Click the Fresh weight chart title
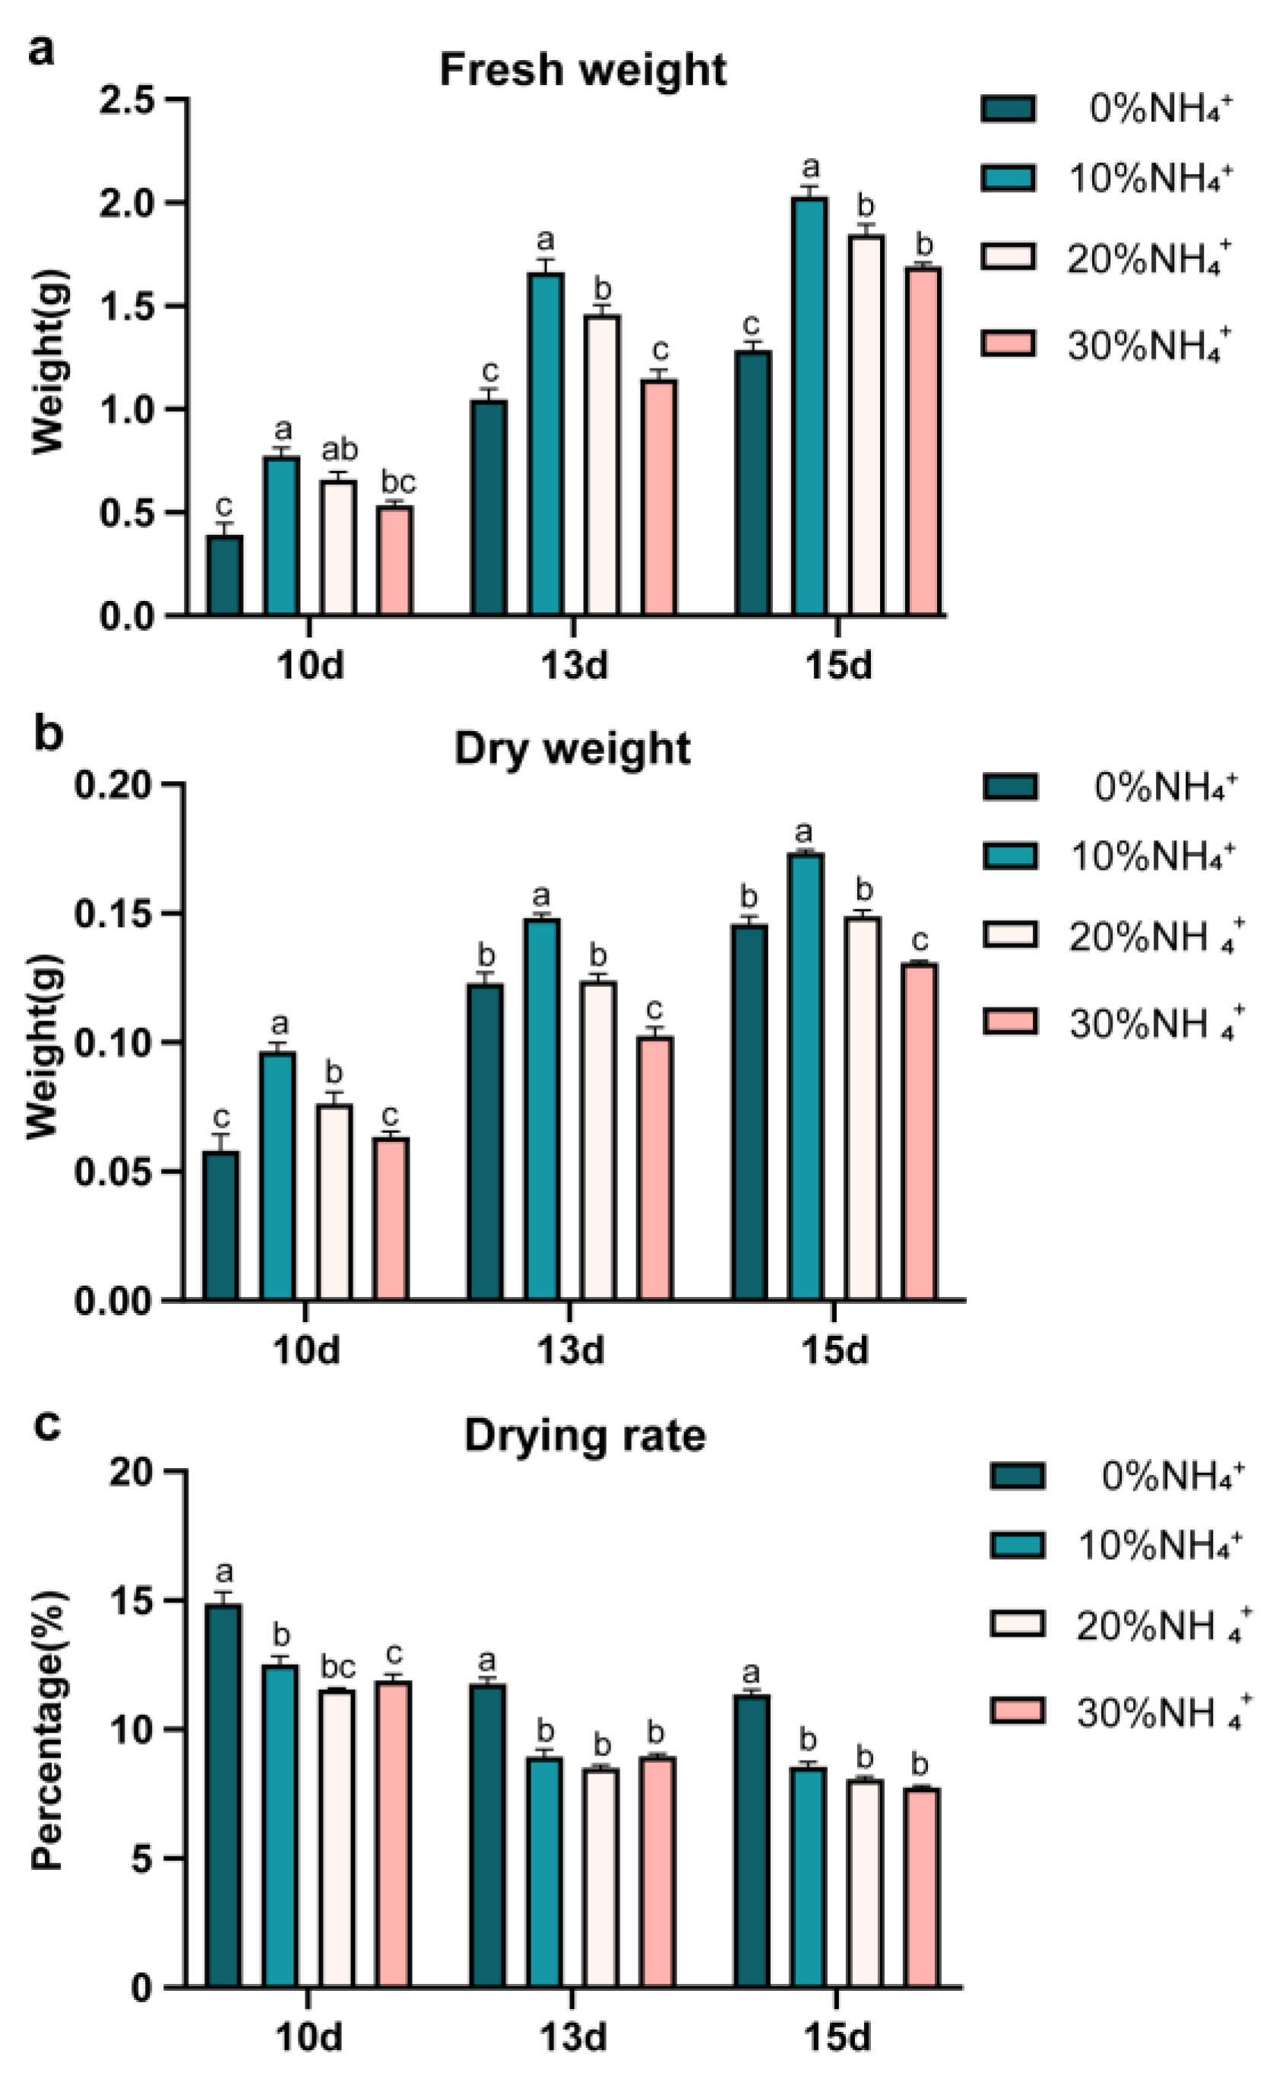(582, 69)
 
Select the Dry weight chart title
(572, 749)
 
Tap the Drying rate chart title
(585, 1436)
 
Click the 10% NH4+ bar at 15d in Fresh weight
(810, 407)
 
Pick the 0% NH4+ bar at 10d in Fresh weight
(225, 575)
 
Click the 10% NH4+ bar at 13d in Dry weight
(542, 1109)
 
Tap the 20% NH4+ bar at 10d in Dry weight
(334, 1201)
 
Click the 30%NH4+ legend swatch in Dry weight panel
(1010, 1020)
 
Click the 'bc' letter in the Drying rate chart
(337, 1667)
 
